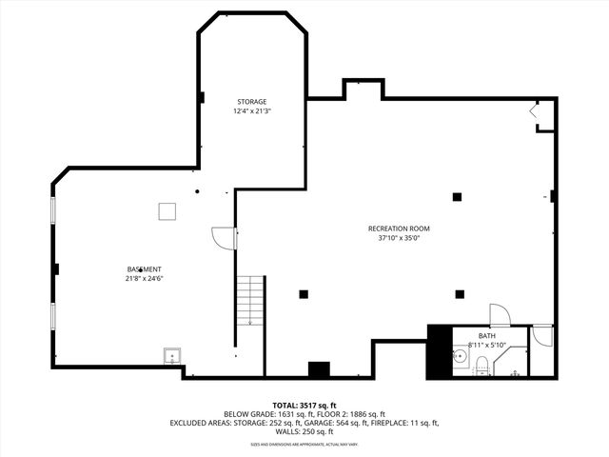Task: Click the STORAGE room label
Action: tap(251, 101)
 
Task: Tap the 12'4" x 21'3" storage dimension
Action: tap(251, 111)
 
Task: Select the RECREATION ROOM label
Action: tap(400, 228)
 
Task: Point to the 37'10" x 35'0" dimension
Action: tap(400, 239)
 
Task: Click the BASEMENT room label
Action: tap(144, 269)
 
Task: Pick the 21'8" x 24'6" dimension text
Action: tap(144, 280)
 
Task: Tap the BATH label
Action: tap(486, 336)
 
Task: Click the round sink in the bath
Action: tap(459, 358)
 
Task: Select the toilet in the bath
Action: tap(481, 365)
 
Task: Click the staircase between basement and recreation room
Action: tap(250, 299)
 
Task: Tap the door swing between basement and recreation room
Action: tap(223, 238)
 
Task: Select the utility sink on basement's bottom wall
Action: tap(172, 356)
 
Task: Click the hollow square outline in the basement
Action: tap(167, 210)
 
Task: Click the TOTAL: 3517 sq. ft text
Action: tap(304, 405)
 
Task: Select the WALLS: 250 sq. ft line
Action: tap(304, 431)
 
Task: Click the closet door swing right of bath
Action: tap(541, 335)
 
